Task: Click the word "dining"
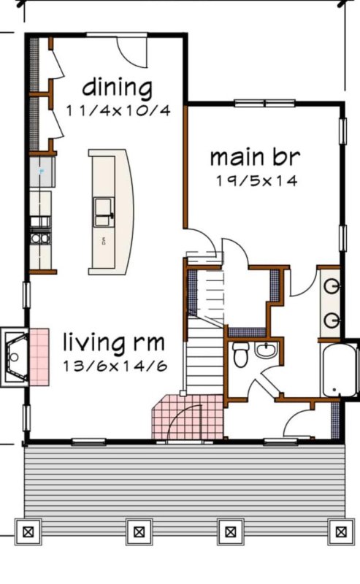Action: pos(117,88)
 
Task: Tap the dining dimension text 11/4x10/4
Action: pos(118,111)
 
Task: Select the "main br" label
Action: pos(255,157)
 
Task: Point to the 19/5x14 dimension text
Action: pos(257,181)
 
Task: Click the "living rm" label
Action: pos(114,342)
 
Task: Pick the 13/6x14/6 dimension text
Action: pos(115,366)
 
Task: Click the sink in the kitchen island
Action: pos(103,212)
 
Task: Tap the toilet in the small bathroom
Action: pos(241,354)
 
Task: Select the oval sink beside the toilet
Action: pos(266,350)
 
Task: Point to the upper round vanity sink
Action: pos(332,286)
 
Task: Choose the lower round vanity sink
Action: pos(332,320)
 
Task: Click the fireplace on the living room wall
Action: pos(14,357)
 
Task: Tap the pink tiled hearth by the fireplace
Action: pos(39,357)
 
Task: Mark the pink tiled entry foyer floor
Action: pos(188,417)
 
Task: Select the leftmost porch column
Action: pos(28,532)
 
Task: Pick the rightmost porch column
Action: pos(341,532)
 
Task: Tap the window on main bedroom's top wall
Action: pos(265,103)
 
